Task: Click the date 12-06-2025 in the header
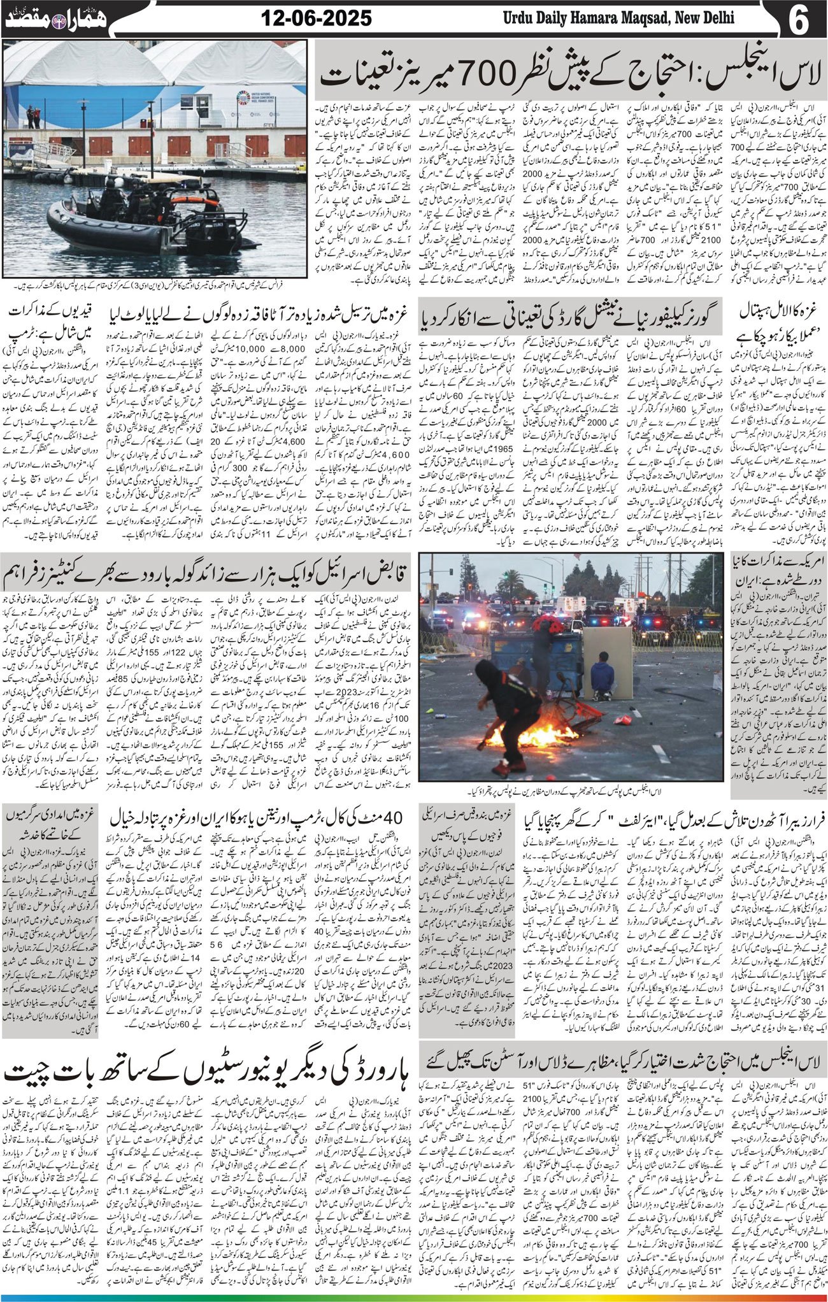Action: point(317,18)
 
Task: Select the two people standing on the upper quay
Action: point(32,115)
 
